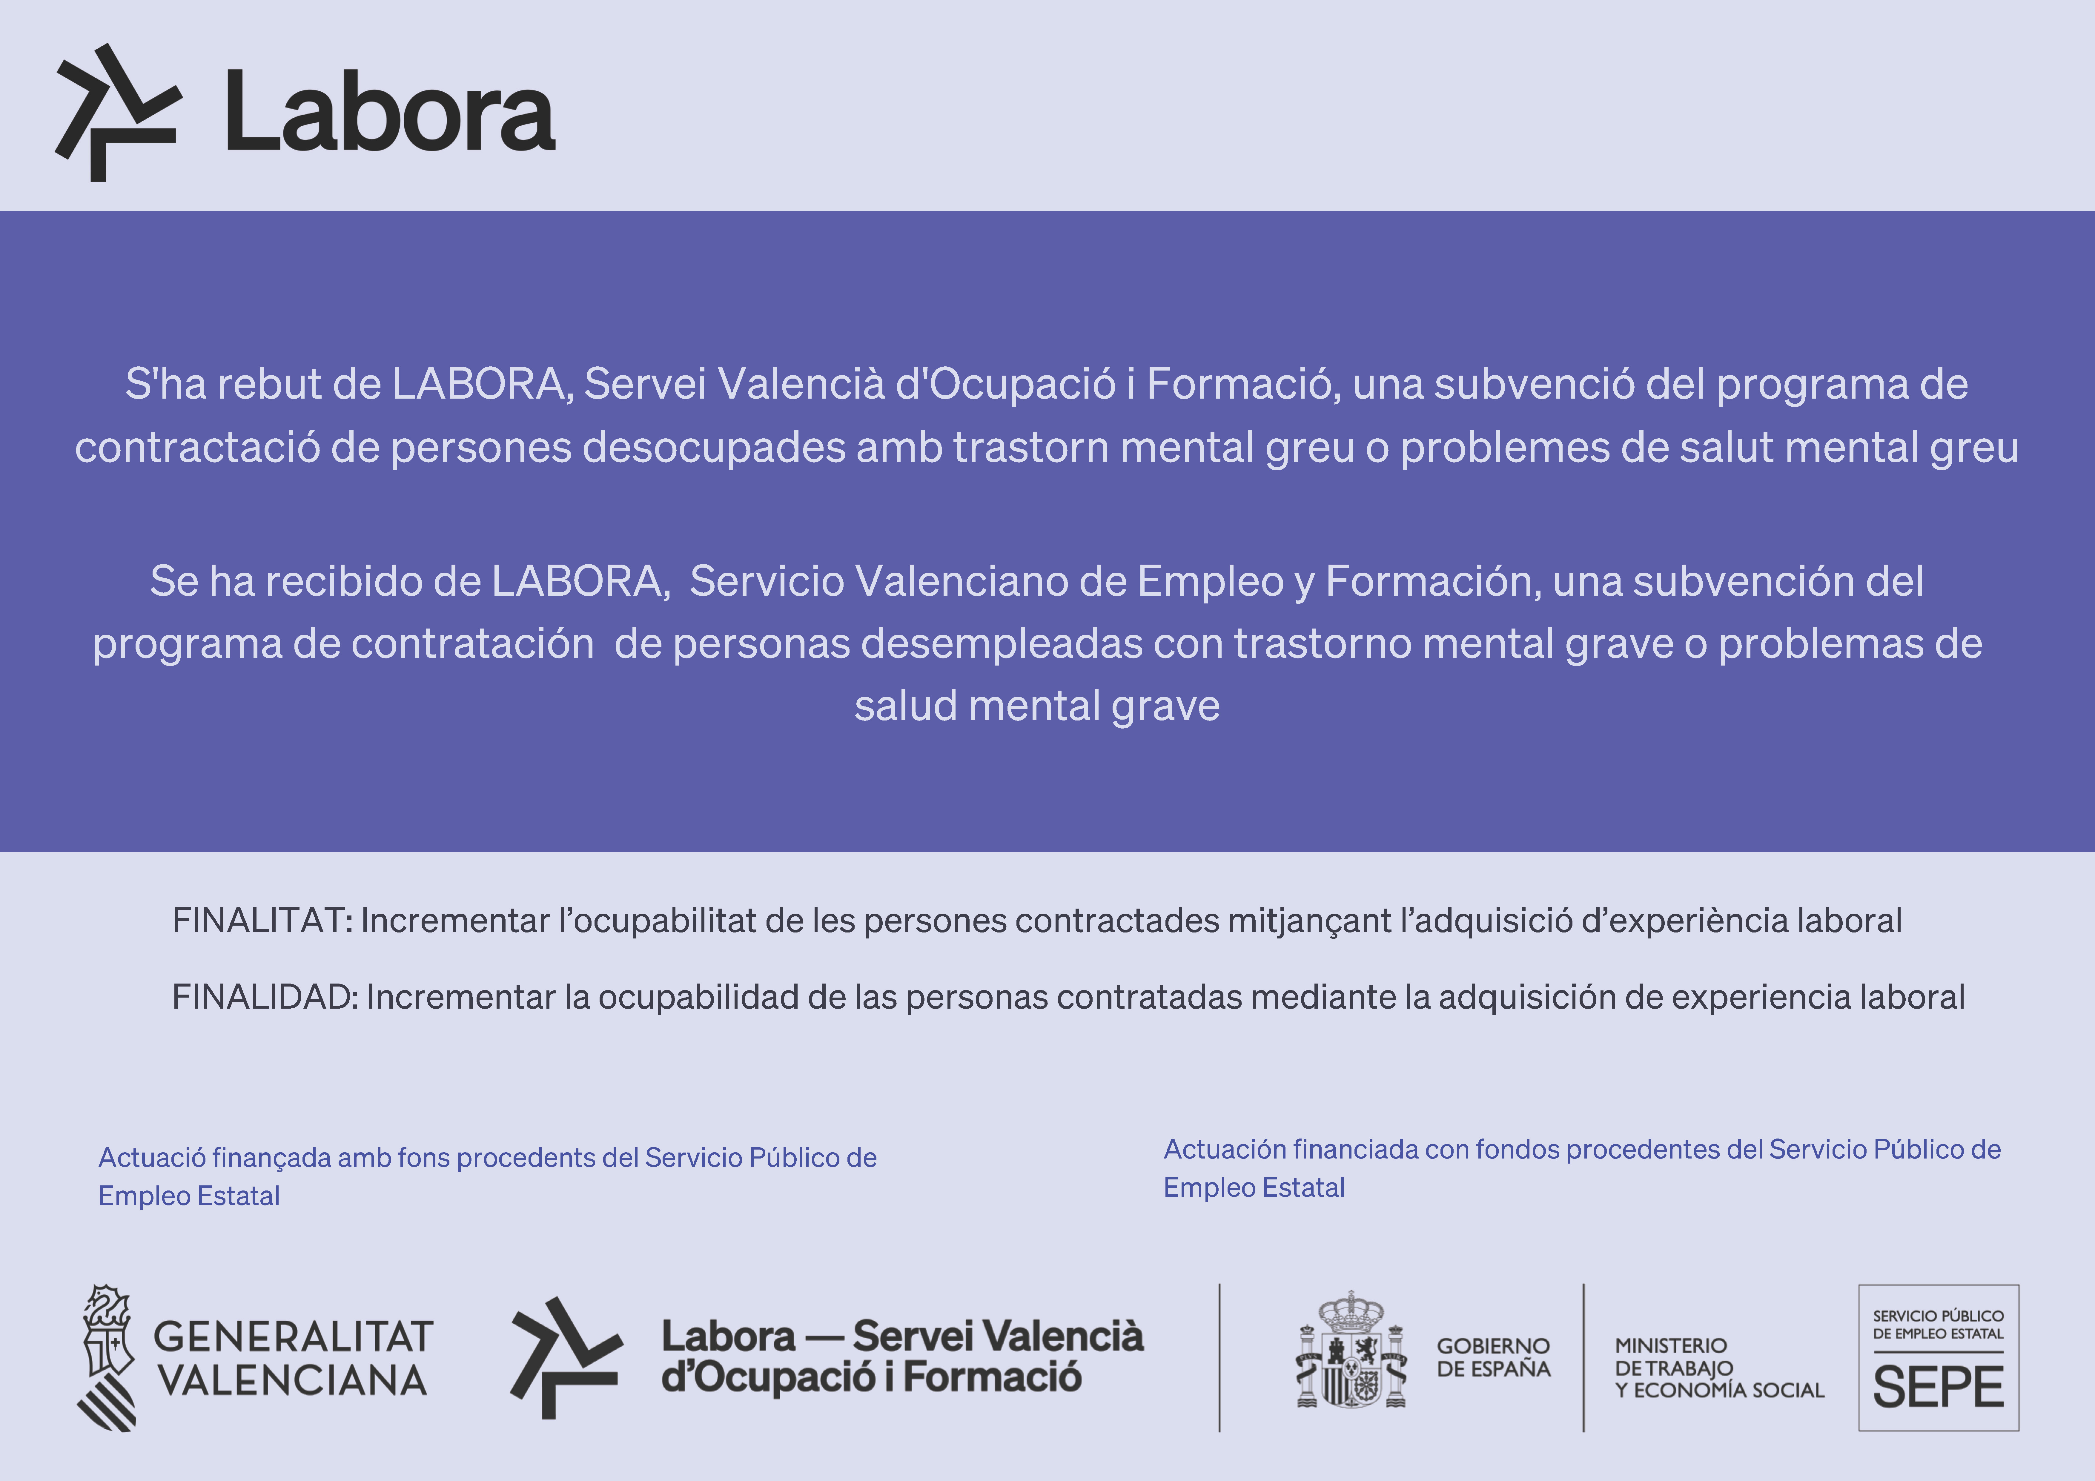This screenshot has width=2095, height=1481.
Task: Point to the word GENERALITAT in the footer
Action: coord(293,1337)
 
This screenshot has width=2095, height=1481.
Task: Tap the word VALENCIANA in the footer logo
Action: coord(293,1380)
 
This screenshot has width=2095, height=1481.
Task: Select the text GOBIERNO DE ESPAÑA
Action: coord(1493,1357)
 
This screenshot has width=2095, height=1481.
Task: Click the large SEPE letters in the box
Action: coord(1938,1388)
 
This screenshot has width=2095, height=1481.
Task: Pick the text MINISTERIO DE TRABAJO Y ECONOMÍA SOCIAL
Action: coord(1719,1368)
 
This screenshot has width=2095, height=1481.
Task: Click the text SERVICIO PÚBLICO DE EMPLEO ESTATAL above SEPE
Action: coord(1938,1324)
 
